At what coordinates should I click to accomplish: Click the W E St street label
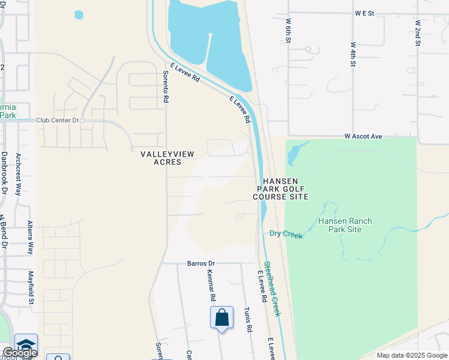(x=364, y=12)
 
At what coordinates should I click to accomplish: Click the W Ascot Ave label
(x=363, y=137)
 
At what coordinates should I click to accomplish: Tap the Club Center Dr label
(x=58, y=120)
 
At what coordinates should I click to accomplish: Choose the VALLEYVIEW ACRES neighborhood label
(x=167, y=158)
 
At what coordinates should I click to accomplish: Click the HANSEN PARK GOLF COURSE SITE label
(x=280, y=188)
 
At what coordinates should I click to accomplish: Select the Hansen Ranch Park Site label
(x=345, y=225)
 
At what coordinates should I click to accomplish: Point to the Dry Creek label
(x=286, y=235)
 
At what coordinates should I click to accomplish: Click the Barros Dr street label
(x=200, y=263)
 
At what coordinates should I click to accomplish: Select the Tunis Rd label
(x=247, y=319)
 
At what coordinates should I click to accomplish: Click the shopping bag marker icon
(x=221, y=317)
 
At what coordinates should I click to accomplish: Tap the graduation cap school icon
(x=26, y=344)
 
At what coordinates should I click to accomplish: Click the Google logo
(x=19, y=353)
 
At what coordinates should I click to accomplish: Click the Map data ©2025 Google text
(x=411, y=355)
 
